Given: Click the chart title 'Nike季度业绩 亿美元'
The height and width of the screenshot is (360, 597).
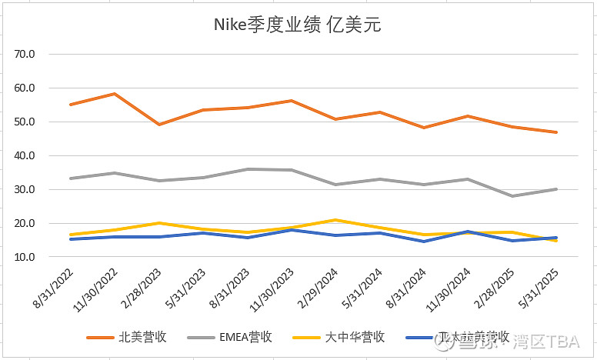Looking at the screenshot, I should (x=297, y=25).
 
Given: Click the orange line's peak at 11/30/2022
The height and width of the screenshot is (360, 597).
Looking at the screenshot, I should (x=115, y=94).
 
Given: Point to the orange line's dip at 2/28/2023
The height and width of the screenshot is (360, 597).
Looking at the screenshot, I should (x=158, y=125).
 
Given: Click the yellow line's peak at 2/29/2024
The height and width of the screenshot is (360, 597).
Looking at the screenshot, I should (x=335, y=220).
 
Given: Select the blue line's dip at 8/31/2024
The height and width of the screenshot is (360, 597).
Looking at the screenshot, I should (x=423, y=242).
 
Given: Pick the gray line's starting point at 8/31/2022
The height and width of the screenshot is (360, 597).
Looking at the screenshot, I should (x=70, y=178).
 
